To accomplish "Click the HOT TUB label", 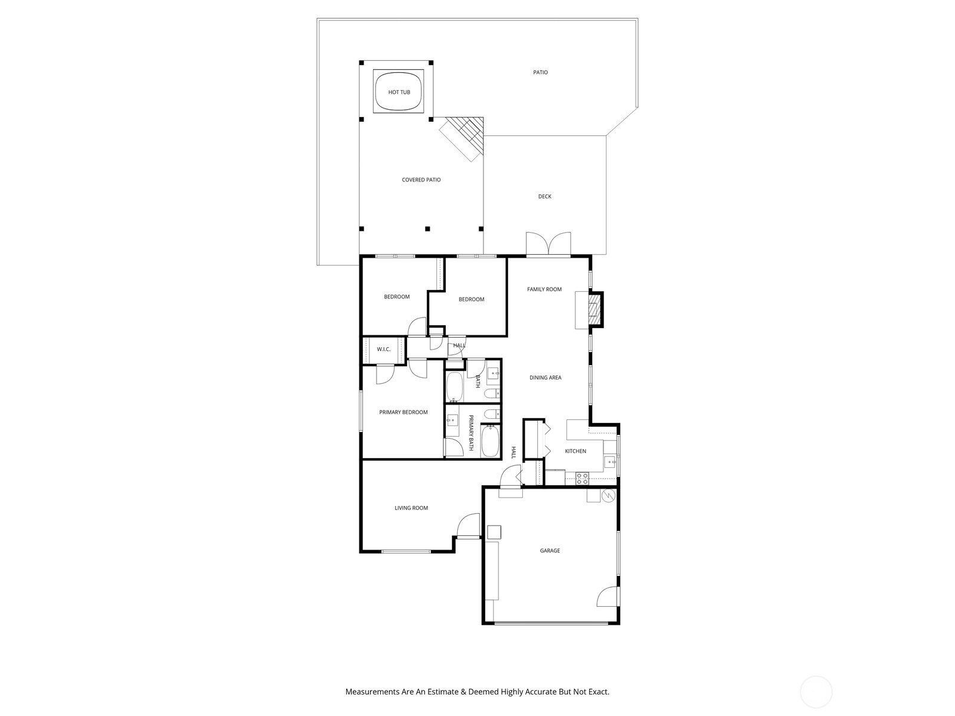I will click(x=399, y=92).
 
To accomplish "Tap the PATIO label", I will click(x=540, y=73).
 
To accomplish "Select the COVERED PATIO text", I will click(x=421, y=180).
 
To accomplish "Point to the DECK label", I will click(x=544, y=196).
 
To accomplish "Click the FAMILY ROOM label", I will click(x=544, y=289).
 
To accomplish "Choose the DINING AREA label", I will click(x=545, y=378).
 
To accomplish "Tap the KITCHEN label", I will click(x=575, y=451).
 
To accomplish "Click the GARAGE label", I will click(x=550, y=551).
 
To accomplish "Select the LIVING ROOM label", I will click(x=411, y=508).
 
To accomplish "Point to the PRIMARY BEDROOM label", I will click(x=403, y=412).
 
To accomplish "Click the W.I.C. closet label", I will click(x=383, y=350).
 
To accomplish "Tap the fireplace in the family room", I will click(x=594, y=310).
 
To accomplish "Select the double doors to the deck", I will click(x=549, y=243).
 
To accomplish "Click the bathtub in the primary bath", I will click(x=490, y=440).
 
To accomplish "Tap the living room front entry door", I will click(x=468, y=526).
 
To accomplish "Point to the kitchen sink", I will click(x=610, y=461).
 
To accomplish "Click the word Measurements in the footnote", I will click(x=372, y=692).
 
